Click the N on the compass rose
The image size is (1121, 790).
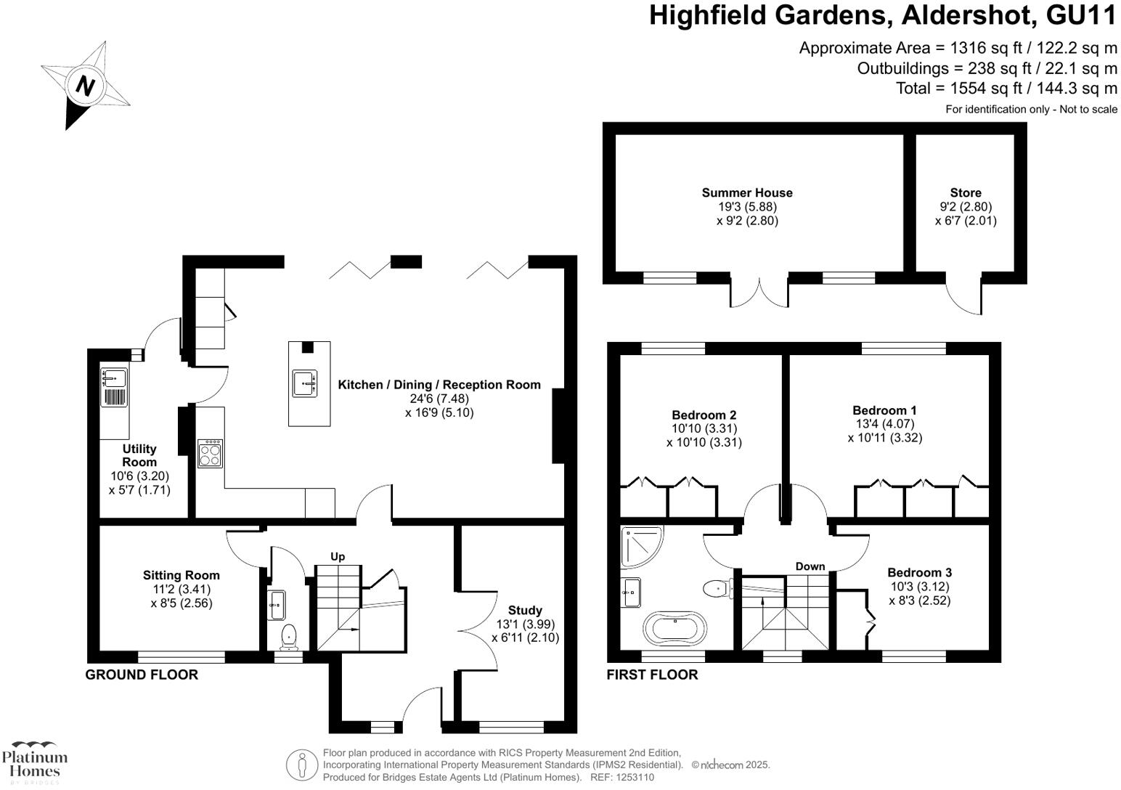point(86,86)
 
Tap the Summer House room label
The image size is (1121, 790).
point(747,192)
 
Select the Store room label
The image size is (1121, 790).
point(965,192)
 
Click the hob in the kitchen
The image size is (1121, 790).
point(210,454)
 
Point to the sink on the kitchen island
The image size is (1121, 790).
point(305,383)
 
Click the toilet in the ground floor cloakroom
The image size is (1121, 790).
point(289,636)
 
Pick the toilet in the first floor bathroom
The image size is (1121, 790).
point(718,586)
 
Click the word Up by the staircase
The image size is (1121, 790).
point(338,556)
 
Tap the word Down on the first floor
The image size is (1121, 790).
point(810,566)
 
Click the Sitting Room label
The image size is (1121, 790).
point(181,575)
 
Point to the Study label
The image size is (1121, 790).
point(524,610)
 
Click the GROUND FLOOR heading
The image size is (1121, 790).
point(142,675)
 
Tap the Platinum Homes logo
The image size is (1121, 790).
point(34,762)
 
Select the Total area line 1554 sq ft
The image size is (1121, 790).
point(1006,89)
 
